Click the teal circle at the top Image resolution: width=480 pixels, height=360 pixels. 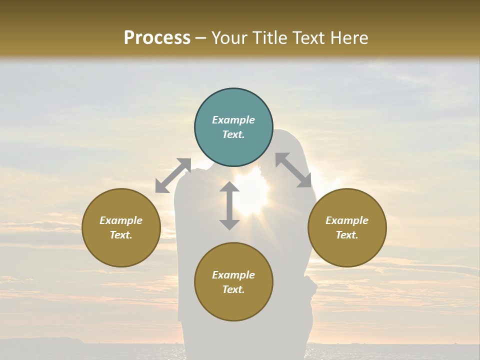(233, 127)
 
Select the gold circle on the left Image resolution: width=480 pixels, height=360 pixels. (121, 227)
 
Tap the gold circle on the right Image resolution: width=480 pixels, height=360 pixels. (347, 227)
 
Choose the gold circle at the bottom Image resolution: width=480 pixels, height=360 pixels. (233, 282)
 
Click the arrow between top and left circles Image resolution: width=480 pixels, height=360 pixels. (173, 175)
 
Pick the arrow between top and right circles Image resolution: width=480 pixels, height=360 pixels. (293, 170)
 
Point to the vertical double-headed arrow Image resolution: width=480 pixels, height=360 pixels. (229, 205)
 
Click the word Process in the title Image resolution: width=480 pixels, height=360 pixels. (157, 38)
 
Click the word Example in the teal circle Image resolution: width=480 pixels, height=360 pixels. (233, 120)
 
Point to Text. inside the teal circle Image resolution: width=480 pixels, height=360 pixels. (233, 134)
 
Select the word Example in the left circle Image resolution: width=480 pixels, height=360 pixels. (121, 220)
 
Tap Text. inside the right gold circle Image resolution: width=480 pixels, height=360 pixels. (347, 235)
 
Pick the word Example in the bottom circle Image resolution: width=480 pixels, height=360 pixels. (233, 275)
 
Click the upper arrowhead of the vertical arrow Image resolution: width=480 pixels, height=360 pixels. (229, 187)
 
